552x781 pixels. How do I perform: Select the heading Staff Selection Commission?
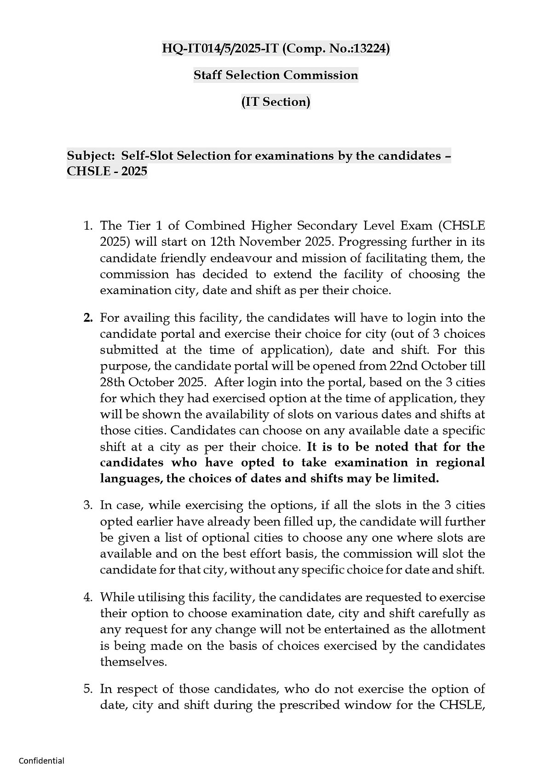276,75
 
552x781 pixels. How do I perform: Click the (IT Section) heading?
276,102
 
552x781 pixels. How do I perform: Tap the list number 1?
87,226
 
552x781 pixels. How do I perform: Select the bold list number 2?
88,318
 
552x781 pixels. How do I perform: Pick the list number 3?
87,505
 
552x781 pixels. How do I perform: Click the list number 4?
87,597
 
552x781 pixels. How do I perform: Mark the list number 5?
87,689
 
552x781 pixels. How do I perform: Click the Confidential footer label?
41,761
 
